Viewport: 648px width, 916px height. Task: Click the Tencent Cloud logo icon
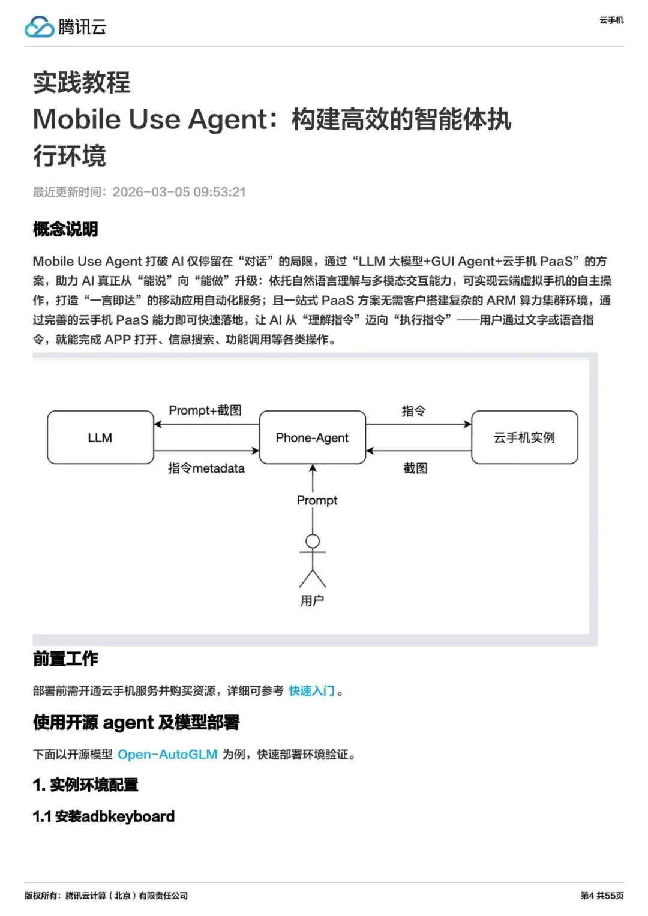[x=40, y=27]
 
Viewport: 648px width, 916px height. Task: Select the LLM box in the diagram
[x=100, y=437]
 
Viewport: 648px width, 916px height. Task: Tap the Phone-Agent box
[x=312, y=437]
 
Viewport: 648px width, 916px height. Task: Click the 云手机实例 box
[x=524, y=437]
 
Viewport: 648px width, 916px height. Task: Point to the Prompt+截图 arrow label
[x=205, y=410]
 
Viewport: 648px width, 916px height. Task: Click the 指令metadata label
[x=206, y=468]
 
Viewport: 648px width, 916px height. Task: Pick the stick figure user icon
[x=313, y=560]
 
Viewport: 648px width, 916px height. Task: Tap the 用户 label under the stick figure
[x=312, y=600]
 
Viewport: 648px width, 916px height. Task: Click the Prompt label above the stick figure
[x=317, y=500]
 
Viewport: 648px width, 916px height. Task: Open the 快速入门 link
[x=311, y=691]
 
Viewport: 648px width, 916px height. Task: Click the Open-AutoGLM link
[x=167, y=755]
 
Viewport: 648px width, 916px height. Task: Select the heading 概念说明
[x=65, y=229]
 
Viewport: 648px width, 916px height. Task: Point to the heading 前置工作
[x=65, y=659]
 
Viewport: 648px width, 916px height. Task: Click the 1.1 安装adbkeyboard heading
[x=103, y=816]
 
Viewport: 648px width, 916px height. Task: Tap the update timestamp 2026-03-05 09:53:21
[x=179, y=192]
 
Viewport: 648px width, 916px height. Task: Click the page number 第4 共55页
[x=602, y=896]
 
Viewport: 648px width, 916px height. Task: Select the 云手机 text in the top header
[x=611, y=20]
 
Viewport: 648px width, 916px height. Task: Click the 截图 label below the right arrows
[x=415, y=468]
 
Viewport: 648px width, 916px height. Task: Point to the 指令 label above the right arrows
[x=413, y=411]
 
